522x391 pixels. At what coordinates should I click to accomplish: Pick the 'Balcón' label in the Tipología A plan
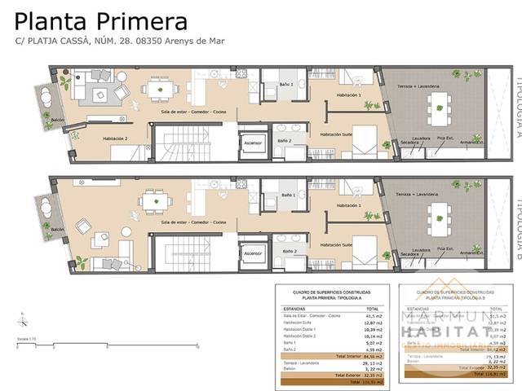point(57,120)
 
